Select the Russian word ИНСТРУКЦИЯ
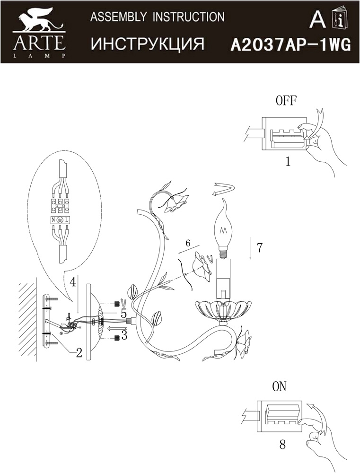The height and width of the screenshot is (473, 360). click(x=148, y=44)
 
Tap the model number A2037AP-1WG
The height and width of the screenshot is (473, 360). click(x=290, y=46)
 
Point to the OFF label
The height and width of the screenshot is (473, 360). click(x=286, y=100)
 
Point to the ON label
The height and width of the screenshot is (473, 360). click(x=279, y=387)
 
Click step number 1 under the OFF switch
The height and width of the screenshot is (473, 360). click(x=288, y=162)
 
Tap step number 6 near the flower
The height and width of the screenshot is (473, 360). click(x=188, y=243)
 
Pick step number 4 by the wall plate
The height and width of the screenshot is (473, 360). click(x=72, y=282)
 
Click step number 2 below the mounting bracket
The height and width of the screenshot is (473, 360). click(x=79, y=353)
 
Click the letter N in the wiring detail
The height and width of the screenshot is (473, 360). click(x=53, y=220)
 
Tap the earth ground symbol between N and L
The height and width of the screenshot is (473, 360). click(x=60, y=220)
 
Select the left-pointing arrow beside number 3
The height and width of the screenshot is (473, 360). click(x=114, y=328)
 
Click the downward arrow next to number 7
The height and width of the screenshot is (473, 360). click(x=250, y=248)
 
